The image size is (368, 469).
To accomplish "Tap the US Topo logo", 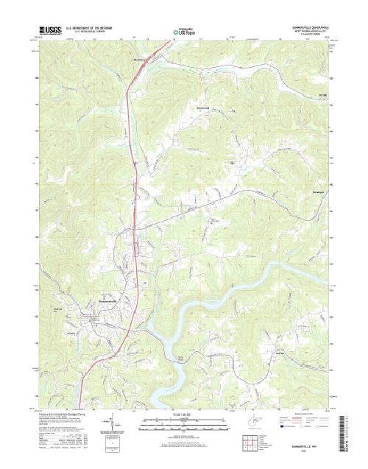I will pyautogui.click(x=184, y=33).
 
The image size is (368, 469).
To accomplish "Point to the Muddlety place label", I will pyautogui.click(x=138, y=60).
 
